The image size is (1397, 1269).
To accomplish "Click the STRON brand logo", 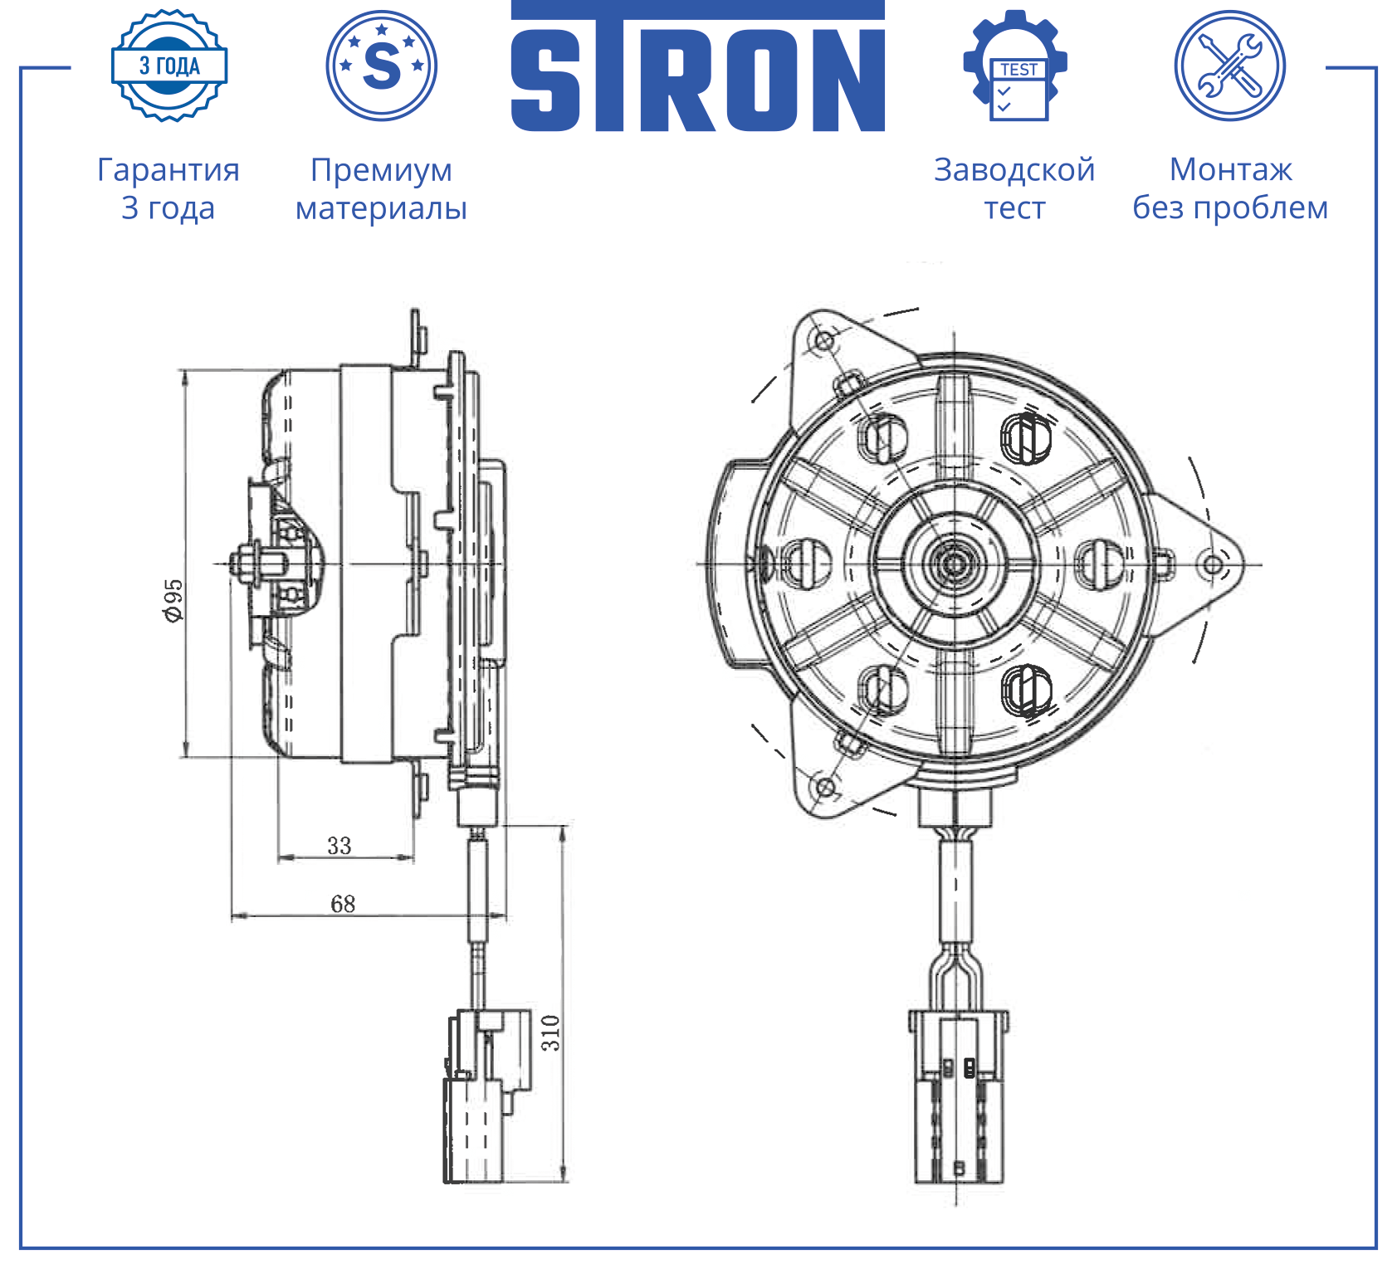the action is [x=698, y=66].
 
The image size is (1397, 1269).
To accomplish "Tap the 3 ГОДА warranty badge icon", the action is [x=169, y=66].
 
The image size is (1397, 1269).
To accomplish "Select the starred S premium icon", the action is [x=382, y=66].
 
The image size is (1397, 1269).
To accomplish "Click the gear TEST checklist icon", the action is [x=1015, y=66].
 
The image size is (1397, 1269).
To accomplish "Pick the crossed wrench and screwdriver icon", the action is [x=1230, y=66].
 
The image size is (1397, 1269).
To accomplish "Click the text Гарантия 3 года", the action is [x=169, y=188].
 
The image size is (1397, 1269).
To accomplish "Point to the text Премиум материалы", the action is [x=382, y=188].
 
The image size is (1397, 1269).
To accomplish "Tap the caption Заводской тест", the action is [x=1014, y=188].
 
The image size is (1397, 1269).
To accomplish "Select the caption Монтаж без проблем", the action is [x=1230, y=188].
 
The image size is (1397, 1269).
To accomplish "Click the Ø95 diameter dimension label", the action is [x=173, y=600].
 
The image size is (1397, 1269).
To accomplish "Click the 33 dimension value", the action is [x=339, y=846].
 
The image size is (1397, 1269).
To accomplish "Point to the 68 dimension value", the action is [x=343, y=903].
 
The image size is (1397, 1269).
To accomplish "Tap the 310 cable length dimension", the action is [x=551, y=1032].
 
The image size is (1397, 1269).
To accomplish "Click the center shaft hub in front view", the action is [x=954, y=564].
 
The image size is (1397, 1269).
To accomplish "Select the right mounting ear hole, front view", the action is [x=1213, y=565].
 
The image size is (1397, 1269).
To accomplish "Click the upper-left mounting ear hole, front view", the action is [x=825, y=340].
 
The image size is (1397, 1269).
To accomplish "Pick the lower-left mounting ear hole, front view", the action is [x=825, y=786].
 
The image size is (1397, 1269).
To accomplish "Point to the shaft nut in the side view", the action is [x=247, y=564].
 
